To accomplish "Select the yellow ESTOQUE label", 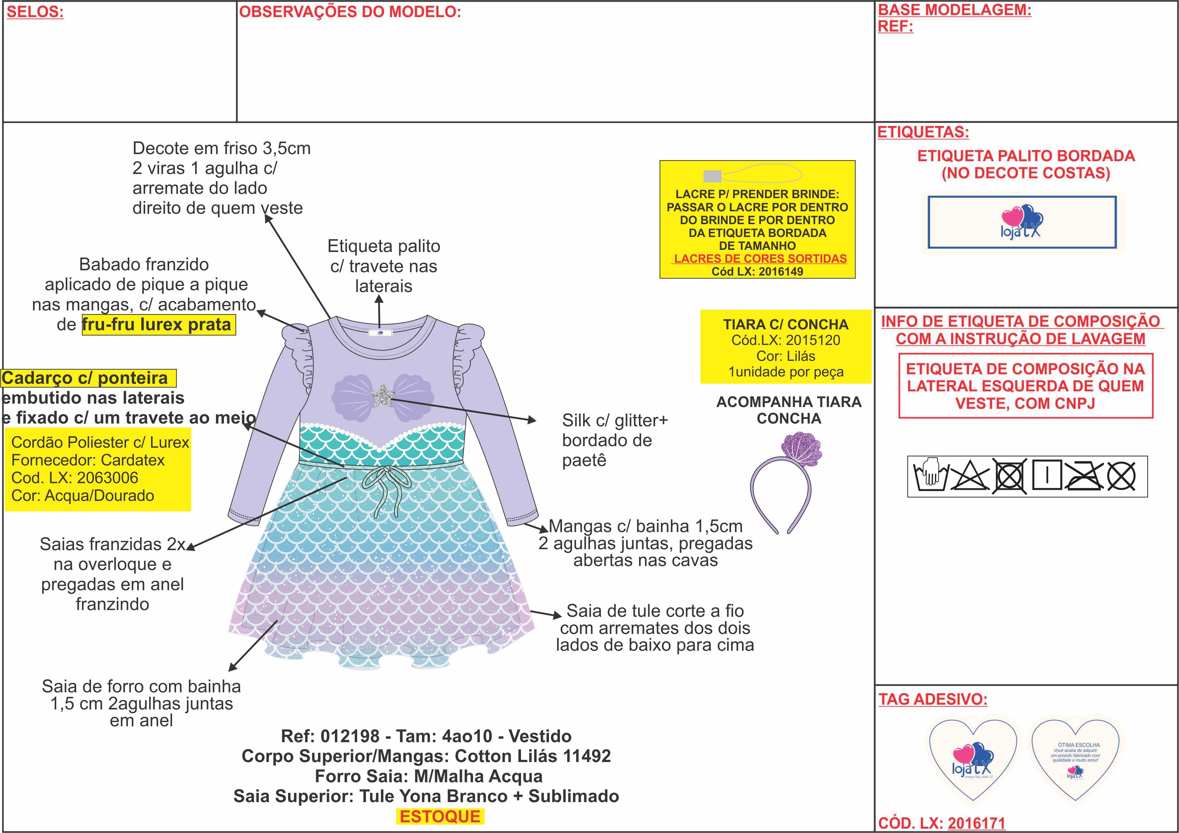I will pyautogui.click(x=440, y=816).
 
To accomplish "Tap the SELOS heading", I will pyautogui.click(x=35, y=12).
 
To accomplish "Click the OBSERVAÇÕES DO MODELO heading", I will pyautogui.click(x=350, y=12).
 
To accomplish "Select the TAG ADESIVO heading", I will pyautogui.click(x=933, y=699).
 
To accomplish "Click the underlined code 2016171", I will pyautogui.click(x=976, y=823).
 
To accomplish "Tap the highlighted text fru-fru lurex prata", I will pyautogui.click(x=157, y=324).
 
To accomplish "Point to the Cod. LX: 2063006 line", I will pyautogui.click(x=75, y=478).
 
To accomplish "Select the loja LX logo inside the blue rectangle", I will pyautogui.click(x=1022, y=222).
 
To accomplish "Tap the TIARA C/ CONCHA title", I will pyautogui.click(x=786, y=324).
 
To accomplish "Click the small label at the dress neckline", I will pyautogui.click(x=380, y=333).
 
